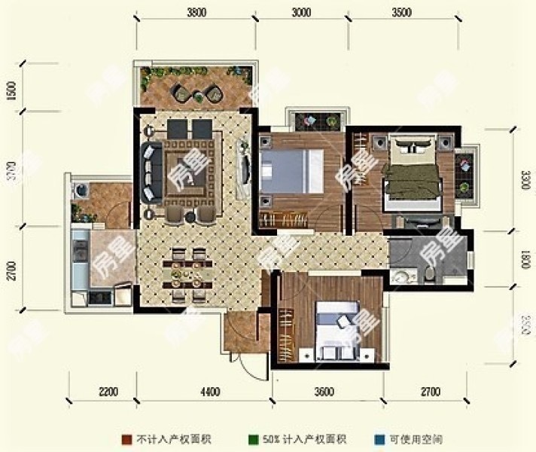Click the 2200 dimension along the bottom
point(108,392)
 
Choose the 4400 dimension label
point(210,392)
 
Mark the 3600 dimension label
point(324,392)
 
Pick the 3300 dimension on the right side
point(526,181)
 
